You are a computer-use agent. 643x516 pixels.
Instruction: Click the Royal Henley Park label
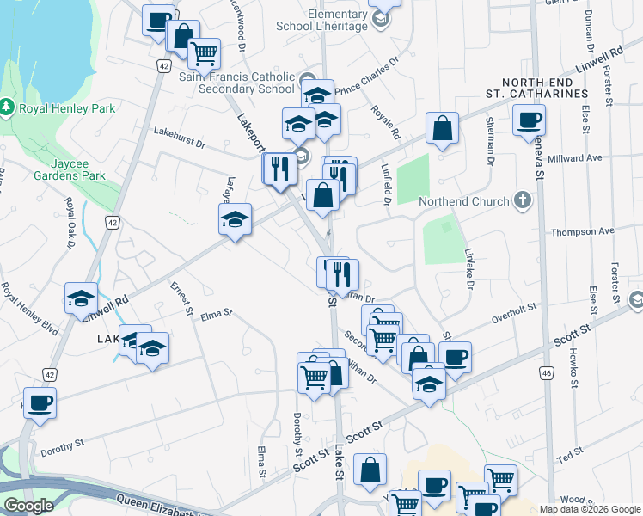click(67, 108)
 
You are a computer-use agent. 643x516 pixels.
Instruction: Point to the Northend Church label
click(463, 202)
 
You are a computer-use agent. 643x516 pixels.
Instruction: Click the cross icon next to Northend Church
click(521, 201)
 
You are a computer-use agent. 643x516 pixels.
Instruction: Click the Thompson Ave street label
click(582, 231)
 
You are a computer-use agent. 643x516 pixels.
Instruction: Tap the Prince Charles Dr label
click(369, 75)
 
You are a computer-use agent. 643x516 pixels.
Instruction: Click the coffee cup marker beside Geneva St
click(529, 120)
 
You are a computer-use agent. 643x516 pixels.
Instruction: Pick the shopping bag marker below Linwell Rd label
click(441, 129)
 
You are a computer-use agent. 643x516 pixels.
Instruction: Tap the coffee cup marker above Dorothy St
click(40, 402)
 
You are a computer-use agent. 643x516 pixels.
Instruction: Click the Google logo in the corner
click(28, 506)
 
